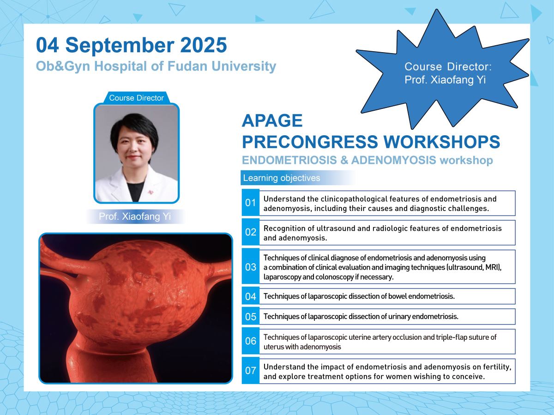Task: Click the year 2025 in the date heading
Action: (x=204, y=45)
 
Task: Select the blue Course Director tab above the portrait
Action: (x=136, y=97)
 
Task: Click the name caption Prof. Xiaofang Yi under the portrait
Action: (x=135, y=217)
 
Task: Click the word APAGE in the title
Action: (x=272, y=120)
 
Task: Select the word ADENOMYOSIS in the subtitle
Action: (x=393, y=160)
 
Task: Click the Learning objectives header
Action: (x=282, y=178)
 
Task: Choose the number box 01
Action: (x=250, y=203)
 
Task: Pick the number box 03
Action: (x=250, y=267)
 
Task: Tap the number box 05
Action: (x=250, y=317)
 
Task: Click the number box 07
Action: (x=250, y=371)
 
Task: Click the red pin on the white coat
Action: (x=151, y=192)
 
